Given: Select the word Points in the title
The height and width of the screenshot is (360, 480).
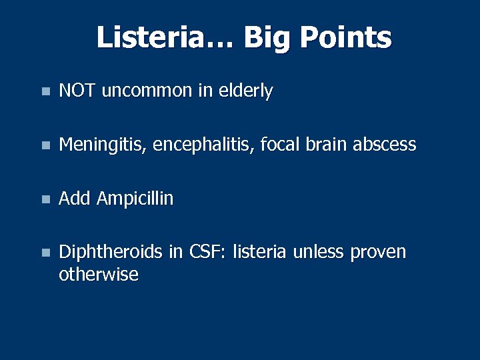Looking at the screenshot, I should pyautogui.click(x=345, y=37).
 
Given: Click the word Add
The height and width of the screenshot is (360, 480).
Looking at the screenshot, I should pyautogui.click(x=75, y=199).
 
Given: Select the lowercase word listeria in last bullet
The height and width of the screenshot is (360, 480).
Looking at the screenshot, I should pyautogui.click(x=259, y=252).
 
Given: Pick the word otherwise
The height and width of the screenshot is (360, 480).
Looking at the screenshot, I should pyautogui.click(x=99, y=275).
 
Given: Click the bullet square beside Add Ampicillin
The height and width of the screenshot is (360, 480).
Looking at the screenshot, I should pyautogui.click(x=44, y=199).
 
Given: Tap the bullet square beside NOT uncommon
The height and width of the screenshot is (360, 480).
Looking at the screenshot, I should pyautogui.click(x=44, y=92).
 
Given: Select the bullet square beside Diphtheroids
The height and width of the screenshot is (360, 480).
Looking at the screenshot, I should pyautogui.click(x=44, y=253).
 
